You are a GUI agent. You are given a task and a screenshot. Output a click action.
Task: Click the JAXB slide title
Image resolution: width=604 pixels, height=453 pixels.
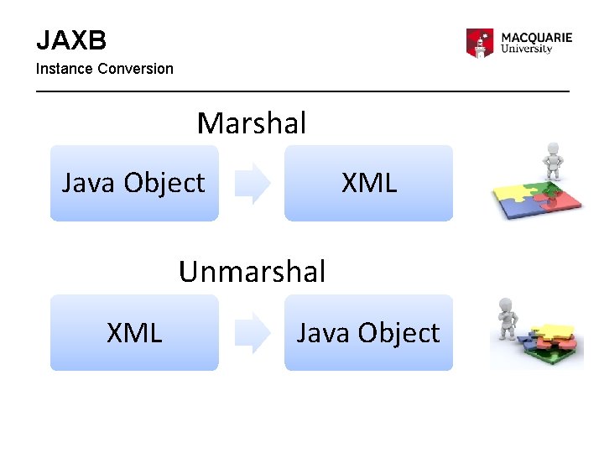coord(70,39)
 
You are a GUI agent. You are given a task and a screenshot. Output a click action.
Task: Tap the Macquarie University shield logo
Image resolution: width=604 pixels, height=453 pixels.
coord(480,43)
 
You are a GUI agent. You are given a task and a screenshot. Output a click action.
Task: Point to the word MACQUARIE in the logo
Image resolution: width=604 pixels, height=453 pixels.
coord(537,38)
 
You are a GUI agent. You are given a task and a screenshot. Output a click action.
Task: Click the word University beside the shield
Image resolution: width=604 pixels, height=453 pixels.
coord(526,49)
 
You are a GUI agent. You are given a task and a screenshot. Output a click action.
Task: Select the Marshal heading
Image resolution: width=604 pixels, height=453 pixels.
coord(252,124)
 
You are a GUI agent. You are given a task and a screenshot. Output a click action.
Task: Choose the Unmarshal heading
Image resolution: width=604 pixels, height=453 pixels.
coord(252,272)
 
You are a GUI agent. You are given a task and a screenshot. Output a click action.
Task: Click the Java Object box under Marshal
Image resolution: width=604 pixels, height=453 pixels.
coord(134,183)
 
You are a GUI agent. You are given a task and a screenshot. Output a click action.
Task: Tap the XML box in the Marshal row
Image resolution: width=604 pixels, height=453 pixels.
coord(368,183)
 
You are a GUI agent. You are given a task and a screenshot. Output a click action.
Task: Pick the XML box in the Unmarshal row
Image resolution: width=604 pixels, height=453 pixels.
coord(134,332)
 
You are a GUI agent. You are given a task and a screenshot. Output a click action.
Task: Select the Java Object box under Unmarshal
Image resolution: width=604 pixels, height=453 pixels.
coord(368,332)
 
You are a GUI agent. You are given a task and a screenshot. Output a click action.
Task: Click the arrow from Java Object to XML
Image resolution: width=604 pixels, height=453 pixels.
coord(252,183)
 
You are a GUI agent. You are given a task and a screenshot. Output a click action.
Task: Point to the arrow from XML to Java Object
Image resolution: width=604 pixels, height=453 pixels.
coord(252,332)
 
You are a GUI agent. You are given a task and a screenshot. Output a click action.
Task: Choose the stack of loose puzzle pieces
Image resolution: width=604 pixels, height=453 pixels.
coord(549,343)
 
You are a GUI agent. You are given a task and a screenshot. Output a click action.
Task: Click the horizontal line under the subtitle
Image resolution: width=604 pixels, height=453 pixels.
coord(302,90)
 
